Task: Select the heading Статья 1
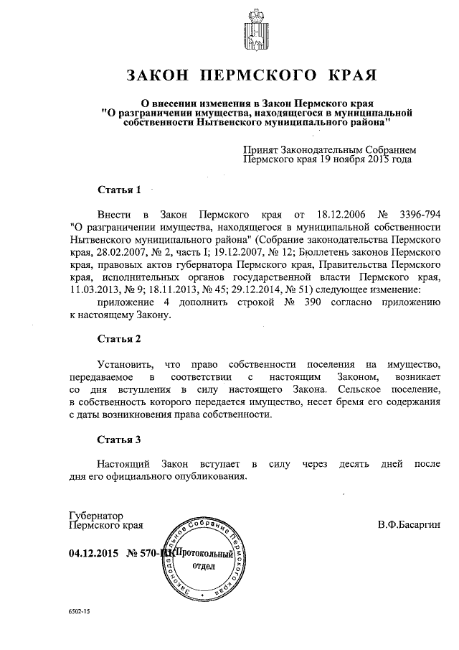[118, 190]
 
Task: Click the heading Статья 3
[118, 439]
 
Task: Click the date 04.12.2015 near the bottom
[93, 554]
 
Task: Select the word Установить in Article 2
[123, 364]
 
